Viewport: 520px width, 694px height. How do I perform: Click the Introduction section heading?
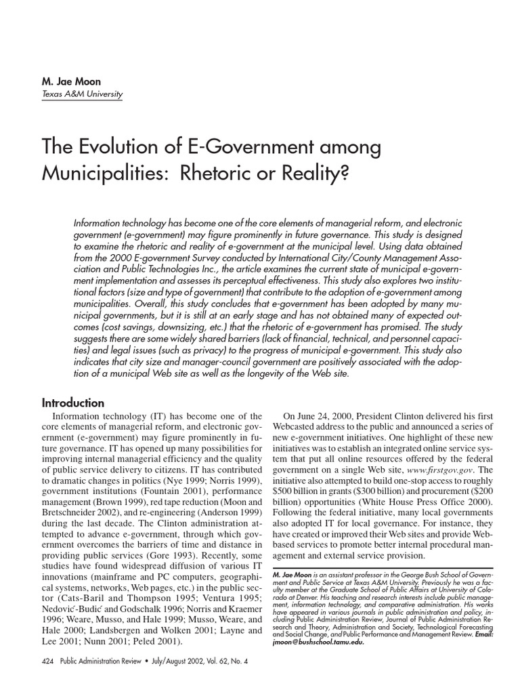tap(73, 403)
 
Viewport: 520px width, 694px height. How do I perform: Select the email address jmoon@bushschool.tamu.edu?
tap(318, 642)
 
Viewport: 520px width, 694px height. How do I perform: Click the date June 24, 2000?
tap(324, 415)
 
